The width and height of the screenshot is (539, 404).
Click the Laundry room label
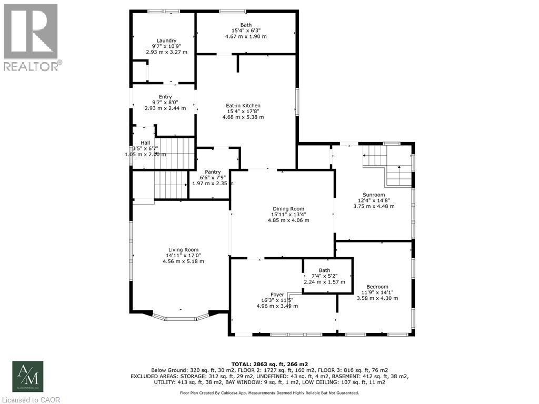166,41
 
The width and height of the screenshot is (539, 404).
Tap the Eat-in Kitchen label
243,105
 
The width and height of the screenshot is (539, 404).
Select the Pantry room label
213,171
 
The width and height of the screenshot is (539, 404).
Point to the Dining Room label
287,209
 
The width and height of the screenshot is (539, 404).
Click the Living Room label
183,249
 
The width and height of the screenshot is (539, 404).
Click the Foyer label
277,295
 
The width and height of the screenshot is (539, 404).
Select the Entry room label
165,96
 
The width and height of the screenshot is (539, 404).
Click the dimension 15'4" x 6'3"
246,31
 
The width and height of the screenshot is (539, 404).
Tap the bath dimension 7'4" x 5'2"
324,276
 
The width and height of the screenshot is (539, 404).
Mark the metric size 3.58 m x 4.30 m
377,298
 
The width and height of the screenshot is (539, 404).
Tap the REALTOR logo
31,37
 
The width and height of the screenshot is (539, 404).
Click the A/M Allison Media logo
28,376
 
